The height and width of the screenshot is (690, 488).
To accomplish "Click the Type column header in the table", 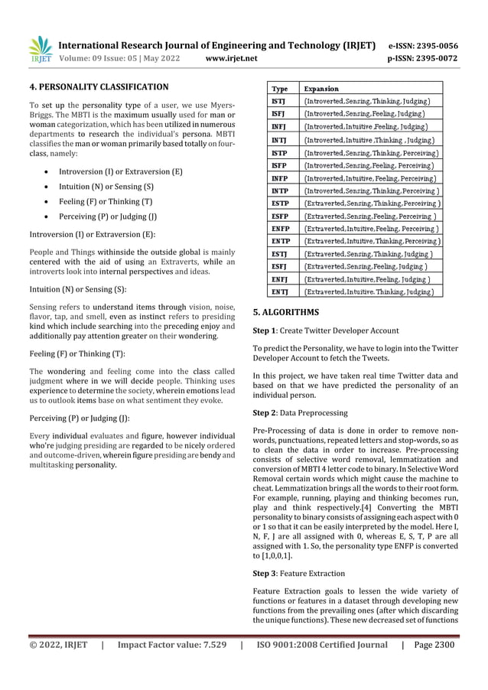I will coord(280,88).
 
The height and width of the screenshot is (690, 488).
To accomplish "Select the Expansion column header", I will coord(322,88).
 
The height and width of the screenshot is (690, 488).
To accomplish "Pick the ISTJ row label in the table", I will coord(279,100).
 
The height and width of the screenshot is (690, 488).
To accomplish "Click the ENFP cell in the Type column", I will coord(281,229).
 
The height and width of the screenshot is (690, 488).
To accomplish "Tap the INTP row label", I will coord(280,190).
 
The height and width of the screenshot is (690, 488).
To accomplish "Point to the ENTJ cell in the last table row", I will coord(281,291).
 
